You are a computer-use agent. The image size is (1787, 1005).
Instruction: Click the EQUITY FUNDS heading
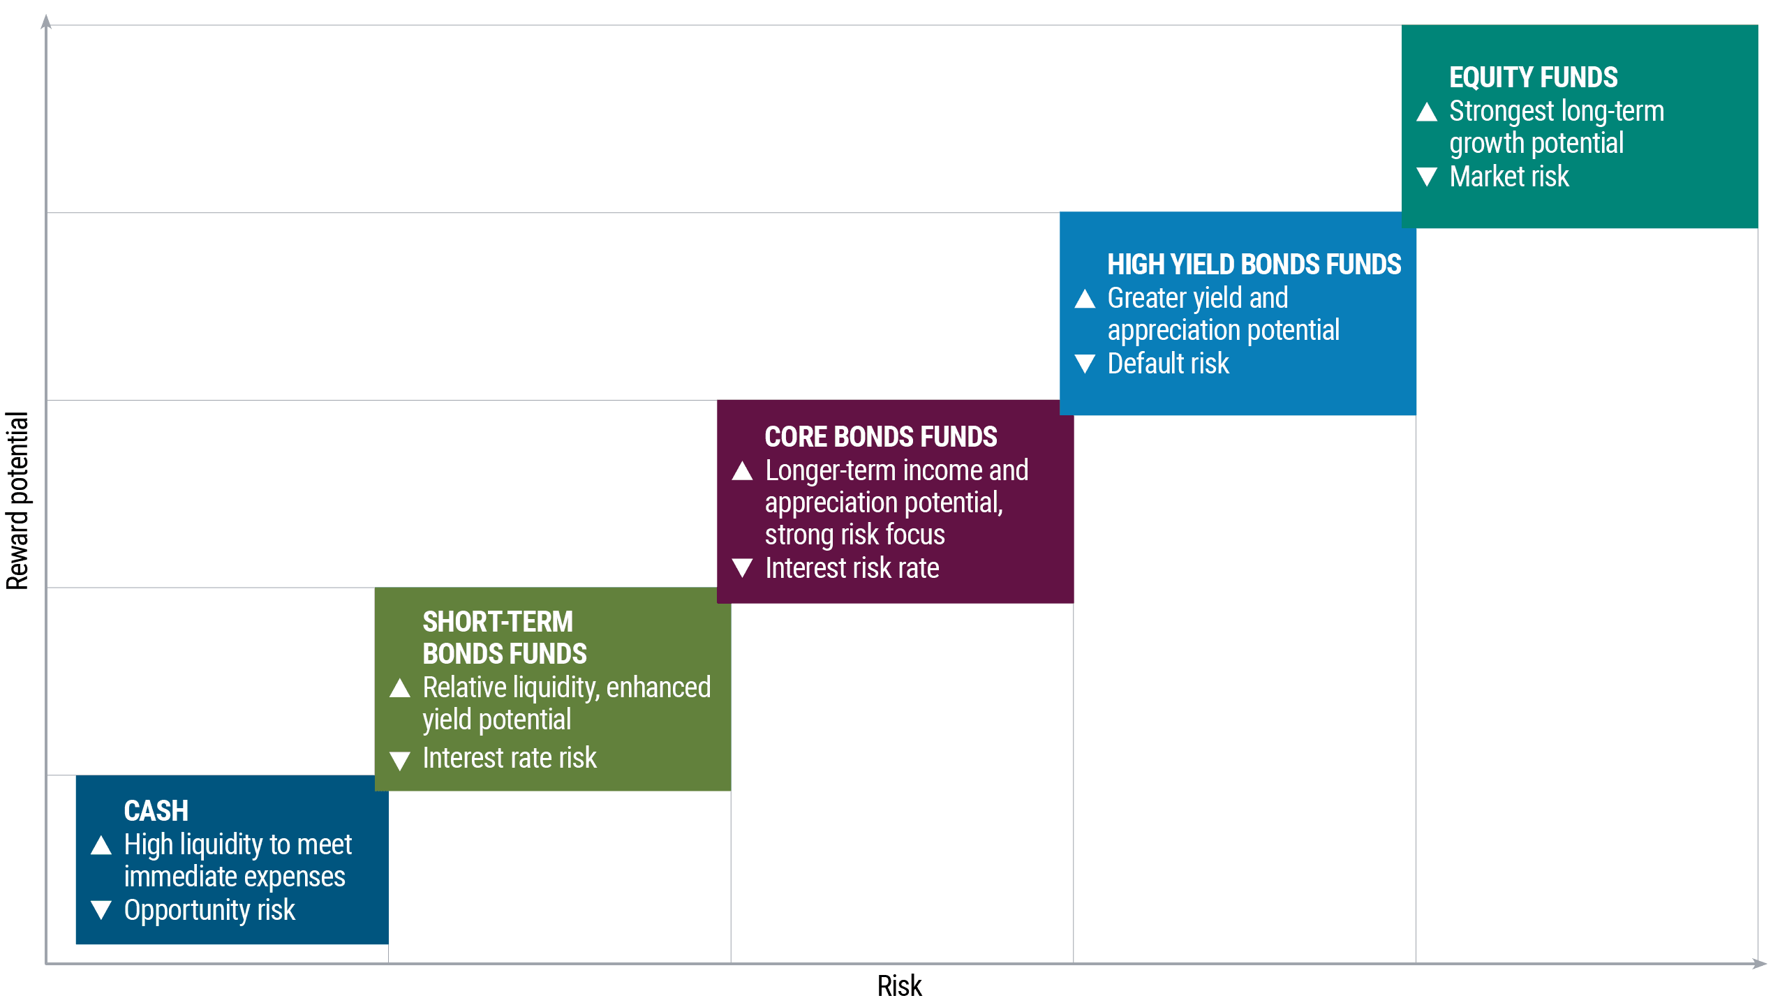[1533, 77]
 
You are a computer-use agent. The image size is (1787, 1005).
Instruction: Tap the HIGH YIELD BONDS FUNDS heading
[1254, 265]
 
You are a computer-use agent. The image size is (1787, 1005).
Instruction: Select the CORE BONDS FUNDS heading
[880, 437]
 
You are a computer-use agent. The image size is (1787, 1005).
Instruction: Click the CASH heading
[156, 811]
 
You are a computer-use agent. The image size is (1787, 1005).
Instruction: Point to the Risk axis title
[899, 986]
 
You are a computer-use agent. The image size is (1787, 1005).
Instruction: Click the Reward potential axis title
[17, 500]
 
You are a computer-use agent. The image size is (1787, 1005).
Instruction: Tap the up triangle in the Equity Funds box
[1427, 112]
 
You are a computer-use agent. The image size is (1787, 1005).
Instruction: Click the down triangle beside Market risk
[1427, 177]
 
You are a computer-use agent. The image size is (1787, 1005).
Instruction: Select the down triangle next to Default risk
[1085, 364]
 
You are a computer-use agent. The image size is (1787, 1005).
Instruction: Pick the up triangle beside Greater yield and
[1085, 299]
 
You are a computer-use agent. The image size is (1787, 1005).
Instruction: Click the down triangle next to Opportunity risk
[101, 910]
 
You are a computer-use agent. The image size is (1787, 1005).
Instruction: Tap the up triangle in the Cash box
[101, 845]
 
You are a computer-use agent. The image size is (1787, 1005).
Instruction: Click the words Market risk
[1508, 177]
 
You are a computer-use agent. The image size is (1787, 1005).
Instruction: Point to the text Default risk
[1168, 364]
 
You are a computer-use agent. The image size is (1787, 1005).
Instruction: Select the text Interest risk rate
[852, 568]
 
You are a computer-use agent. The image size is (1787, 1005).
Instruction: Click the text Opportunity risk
[209, 910]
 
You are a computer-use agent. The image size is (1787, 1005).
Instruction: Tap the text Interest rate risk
[510, 758]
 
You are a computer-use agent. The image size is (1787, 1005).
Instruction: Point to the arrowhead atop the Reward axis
[46, 22]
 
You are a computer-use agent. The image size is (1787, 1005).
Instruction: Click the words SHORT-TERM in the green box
[497, 622]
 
